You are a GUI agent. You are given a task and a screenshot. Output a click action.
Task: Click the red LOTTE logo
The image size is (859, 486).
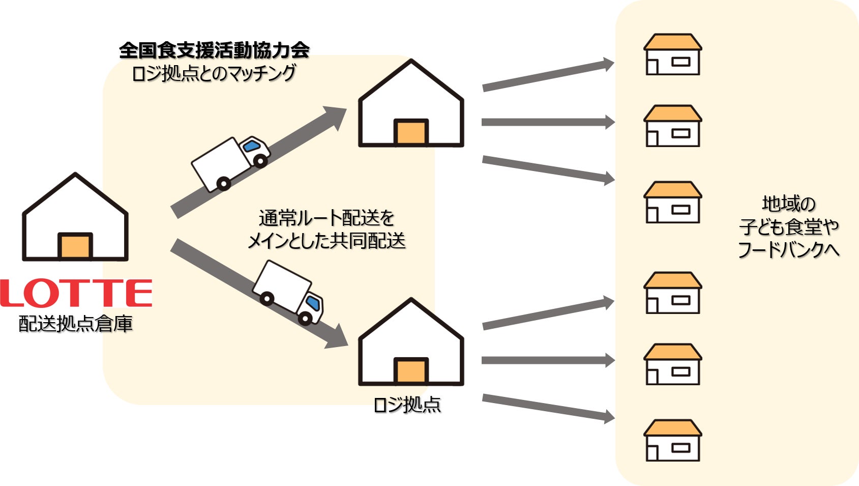tap(76, 293)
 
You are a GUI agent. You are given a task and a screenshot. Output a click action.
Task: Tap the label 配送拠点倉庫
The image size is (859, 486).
tap(76, 324)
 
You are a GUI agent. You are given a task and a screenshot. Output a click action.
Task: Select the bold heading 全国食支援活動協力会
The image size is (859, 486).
tap(214, 50)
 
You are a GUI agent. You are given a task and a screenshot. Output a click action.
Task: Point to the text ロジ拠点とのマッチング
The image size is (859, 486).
tap(214, 73)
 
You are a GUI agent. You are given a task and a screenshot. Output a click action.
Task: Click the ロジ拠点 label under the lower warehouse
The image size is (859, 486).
tap(407, 405)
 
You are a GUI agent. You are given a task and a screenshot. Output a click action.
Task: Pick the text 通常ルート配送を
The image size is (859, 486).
tap(327, 218)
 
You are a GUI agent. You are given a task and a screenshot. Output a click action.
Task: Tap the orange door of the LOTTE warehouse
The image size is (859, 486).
tap(75, 246)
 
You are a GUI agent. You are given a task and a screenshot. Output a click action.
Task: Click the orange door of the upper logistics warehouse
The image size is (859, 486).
tap(411, 132)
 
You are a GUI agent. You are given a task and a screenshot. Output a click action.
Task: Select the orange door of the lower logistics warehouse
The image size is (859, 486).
tap(411, 371)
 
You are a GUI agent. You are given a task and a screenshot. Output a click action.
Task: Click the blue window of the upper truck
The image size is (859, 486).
tap(251, 147)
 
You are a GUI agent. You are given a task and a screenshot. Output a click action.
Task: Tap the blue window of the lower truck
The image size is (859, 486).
tap(314, 304)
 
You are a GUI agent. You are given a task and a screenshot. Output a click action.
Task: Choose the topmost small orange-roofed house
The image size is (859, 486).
tap(672, 54)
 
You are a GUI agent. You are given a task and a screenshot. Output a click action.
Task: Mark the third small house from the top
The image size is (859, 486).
tap(672, 202)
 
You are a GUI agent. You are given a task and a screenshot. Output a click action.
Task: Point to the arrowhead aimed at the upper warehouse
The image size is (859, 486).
tap(335, 116)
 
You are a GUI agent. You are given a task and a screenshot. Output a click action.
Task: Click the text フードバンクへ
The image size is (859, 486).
tap(788, 250)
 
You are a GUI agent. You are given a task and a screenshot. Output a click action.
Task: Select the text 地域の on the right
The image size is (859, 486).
tap(788, 204)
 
